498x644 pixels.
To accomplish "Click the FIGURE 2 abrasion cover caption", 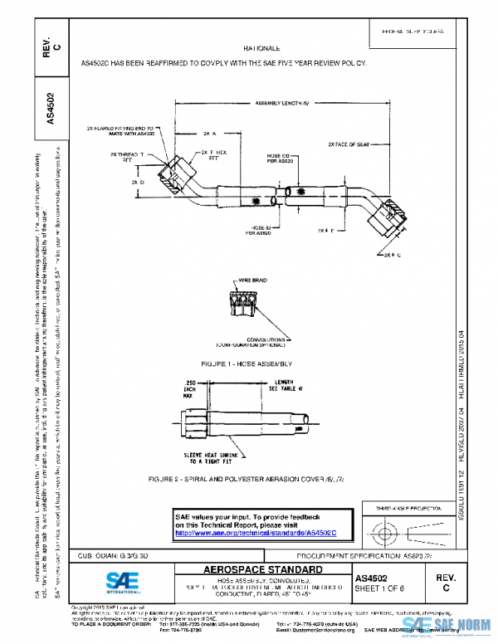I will click(252, 480).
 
